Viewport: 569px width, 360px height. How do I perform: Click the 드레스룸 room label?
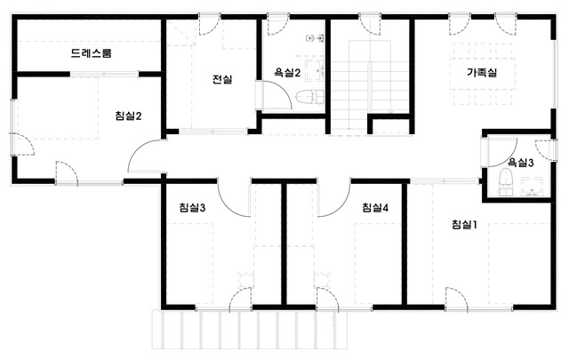[91, 53]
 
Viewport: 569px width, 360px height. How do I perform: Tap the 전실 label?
[222, 79]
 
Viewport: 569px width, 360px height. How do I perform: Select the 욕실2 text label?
[287, 73]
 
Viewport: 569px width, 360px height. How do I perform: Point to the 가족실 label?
[482, 73]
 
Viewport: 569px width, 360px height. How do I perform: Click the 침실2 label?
[128, 116]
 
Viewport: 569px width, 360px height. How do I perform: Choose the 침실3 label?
[192, 208]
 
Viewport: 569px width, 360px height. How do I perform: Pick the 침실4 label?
[375, 208]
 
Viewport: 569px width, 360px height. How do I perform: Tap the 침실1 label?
[464, 225]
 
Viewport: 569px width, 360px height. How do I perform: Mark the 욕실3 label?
[520, 163]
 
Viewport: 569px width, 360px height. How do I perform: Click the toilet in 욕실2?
[309, 97]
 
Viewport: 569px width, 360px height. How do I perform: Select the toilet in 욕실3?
[506, 182]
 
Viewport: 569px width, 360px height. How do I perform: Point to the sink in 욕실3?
[533, 186]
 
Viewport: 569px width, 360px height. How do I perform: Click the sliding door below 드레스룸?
[104, 75]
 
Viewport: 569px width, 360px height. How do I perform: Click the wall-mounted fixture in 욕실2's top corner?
[314, 37]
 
